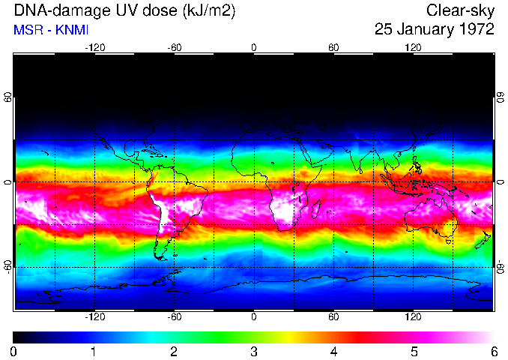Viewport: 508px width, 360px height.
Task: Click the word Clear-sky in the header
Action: point(460,10)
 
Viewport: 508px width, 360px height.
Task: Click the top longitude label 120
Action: point(413,47)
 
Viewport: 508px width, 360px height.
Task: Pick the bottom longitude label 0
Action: point(254,316)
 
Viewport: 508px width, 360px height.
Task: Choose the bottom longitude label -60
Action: point(174,316)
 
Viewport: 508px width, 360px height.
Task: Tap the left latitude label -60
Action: point(8,266)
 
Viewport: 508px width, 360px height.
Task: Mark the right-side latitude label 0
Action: point(500,182)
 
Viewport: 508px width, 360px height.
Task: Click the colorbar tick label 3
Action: point(254,351)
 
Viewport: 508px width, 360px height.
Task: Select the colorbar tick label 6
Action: point(493,351)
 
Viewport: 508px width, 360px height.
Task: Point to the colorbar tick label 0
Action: point(14,351)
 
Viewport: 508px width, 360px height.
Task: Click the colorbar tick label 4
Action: point(333,351)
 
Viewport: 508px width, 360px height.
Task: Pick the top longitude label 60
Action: point(333,47)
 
